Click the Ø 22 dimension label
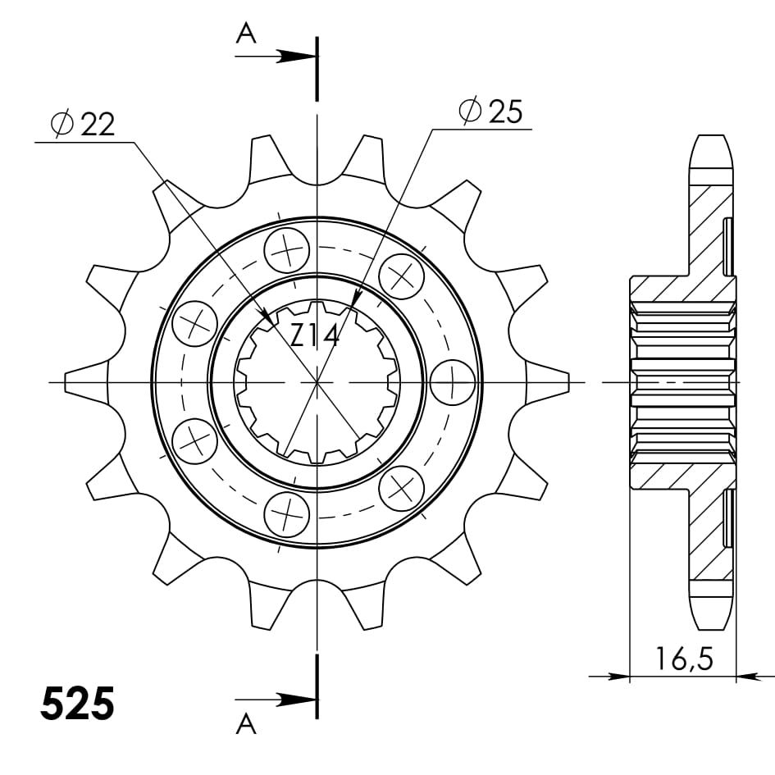pyautogui.click(x=82, y=124)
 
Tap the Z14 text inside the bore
pyautogui.click(x=315, y=335)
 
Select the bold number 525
pyautogui.click(x=77, y=704)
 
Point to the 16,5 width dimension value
pyautogui.click(x=683, y=658)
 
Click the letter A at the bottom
pyautogui.click(x=245, y=723)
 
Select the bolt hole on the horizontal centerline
pyautogui.click(x=452, y=383)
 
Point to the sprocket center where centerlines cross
pyautogui.click(x=317, y=383)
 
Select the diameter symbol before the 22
pyautogui.click(x=62, y=124)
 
